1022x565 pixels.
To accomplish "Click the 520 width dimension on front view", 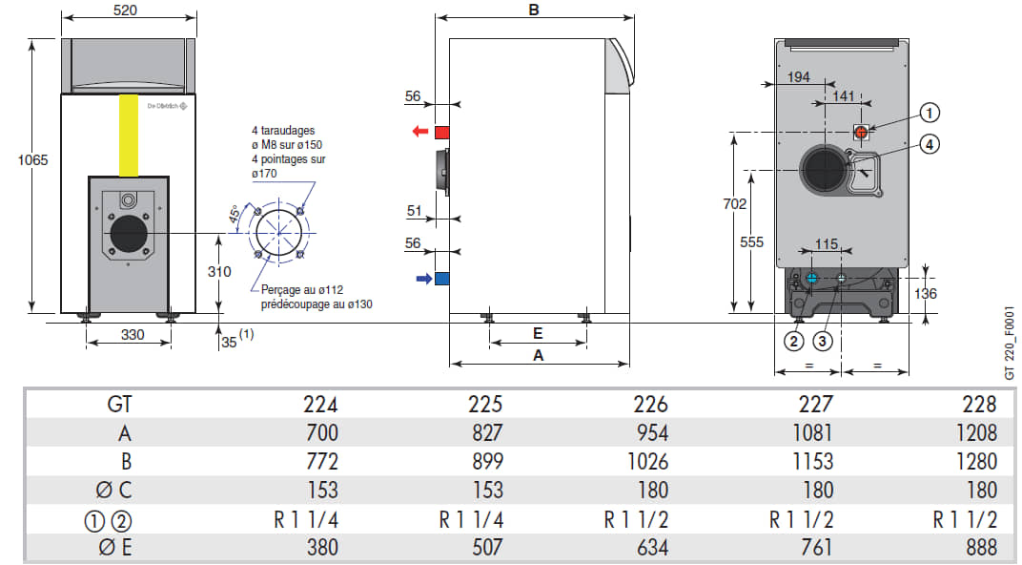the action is [x=125, y=10].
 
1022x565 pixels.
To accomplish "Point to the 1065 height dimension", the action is [x=32, y=159].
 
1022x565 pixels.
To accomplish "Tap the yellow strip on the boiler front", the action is [x=129, y=136].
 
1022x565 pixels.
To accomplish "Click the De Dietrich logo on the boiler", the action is [x=167, y=106].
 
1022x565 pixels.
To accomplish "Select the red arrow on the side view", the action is [x=420, y=132].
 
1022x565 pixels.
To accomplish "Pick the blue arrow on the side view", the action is [x=423, y=279].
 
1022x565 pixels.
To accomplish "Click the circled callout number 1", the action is [x=930, y=113].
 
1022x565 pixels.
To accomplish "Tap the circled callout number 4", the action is [x=930, y=144].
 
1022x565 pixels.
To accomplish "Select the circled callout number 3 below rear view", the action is [x=823, y=341].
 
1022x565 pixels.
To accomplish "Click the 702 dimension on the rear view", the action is [x=734, y=203].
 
